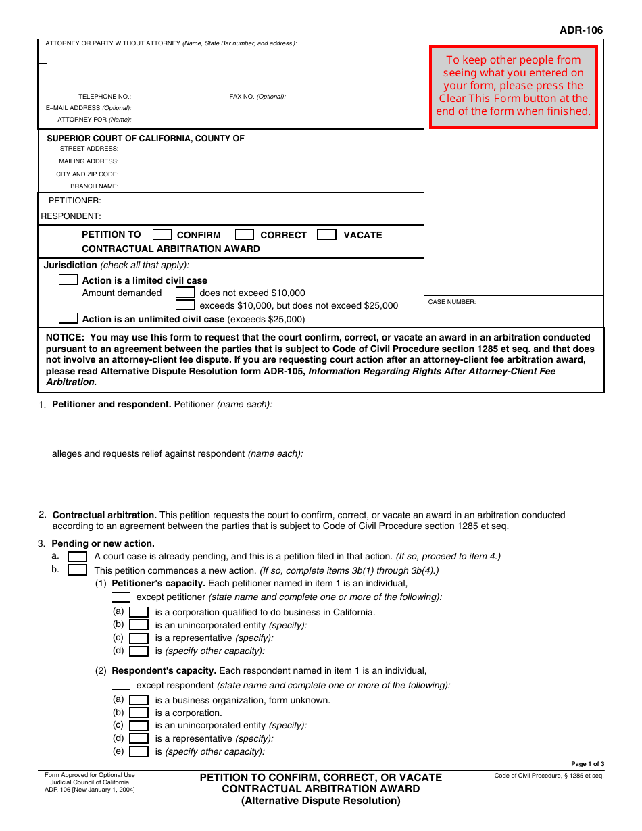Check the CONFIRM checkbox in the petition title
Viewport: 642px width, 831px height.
point(162,235)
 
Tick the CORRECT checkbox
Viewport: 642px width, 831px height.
point(245,235)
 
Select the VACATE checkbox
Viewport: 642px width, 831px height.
point(327,235)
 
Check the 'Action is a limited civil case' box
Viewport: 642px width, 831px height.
point(68,280)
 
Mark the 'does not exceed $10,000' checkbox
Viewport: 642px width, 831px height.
point(185,293)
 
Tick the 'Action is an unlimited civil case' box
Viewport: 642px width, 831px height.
point(68,318)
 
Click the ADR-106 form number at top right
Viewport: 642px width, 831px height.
point(581,30)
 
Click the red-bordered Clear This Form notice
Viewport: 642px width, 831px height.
point(514,86)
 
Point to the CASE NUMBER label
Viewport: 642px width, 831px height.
point(452,302)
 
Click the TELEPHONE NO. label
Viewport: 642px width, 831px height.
point(105,97)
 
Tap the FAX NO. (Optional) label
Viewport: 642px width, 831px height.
point(257,97)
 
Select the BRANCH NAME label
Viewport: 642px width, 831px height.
point(94,186)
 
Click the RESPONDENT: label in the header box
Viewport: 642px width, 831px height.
point(71,216)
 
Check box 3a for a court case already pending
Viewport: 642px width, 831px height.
point(78,557)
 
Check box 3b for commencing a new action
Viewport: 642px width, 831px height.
point(78,570)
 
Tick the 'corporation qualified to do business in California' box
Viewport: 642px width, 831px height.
point(139,612)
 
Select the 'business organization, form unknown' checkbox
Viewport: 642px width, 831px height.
point(139,700)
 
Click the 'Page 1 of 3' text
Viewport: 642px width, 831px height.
point(587,764)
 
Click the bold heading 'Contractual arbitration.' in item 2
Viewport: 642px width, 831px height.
point(105,515)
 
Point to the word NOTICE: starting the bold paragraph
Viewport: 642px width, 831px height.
point(65,337)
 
